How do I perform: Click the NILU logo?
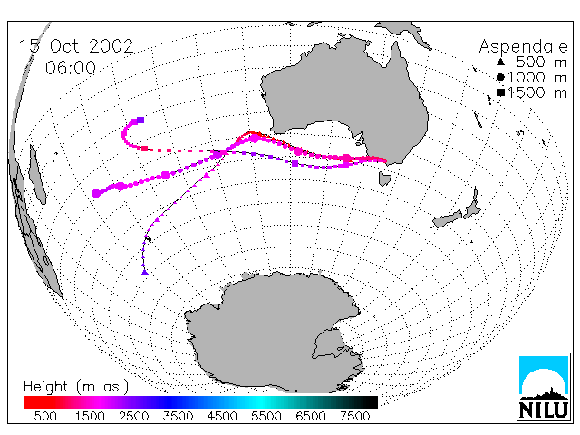point(544,387)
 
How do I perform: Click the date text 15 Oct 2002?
point(76,46)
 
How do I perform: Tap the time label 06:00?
point(71,68)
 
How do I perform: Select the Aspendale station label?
point(523,47)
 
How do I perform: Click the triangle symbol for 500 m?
point(500,62)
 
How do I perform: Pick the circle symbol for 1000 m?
point(500,77)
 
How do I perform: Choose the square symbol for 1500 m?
point(501,92)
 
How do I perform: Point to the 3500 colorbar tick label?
point(178,417)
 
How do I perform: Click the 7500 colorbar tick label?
point(354,417)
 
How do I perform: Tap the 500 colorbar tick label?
point(45,417)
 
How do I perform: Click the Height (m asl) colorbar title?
point(76,387)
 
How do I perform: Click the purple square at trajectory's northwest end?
point(140,120)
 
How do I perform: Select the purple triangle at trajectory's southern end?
point(145,272)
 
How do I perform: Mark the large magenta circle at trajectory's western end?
point(96,193)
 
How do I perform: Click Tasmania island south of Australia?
point(384,179)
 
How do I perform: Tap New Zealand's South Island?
point(448,219)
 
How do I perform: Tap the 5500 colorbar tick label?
point(266,417)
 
